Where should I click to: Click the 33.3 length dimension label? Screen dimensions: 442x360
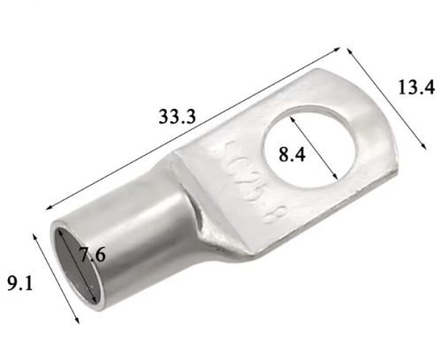coord(177,117)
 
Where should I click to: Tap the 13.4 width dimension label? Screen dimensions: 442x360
coord(416,88)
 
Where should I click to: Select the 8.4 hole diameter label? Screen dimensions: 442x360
coord(292,154)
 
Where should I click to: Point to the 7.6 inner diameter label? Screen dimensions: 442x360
coord(93,255)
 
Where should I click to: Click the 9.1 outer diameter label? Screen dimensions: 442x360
coord(19,284)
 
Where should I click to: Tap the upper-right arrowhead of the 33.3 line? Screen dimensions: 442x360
coord(338,50)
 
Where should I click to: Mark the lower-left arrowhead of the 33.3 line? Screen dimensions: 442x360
coord(50,208)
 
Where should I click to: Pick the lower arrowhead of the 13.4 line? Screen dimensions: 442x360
coord(423,147)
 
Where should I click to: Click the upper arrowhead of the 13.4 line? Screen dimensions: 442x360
coord(350,51)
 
